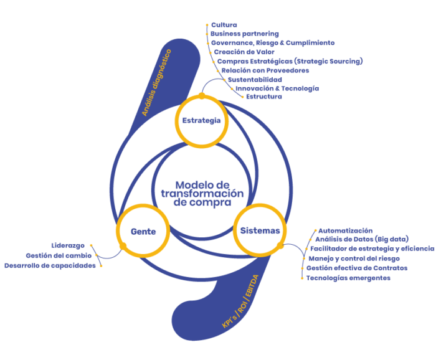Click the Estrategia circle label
coord(201,121)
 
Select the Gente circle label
coord(143,232)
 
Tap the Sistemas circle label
coord(260,230)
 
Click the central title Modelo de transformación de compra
coord(202,194)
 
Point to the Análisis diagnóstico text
coord(156,83)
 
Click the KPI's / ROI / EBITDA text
coord(240,301)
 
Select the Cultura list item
coord(224,25)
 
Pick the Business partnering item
coord(245,34)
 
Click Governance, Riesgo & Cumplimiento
coord(273,43)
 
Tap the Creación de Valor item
coord(244,52)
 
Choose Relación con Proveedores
coord(265,70)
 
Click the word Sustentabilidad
coord(255,80)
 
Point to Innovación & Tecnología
coord(277,88)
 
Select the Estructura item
coord(264,97)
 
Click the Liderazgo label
coord(68,246)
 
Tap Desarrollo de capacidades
coord(50,266)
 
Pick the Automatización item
coord(345,230)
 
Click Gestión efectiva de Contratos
coord(357,268)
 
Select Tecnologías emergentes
coord(348,278)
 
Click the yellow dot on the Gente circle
coord(123,246)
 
